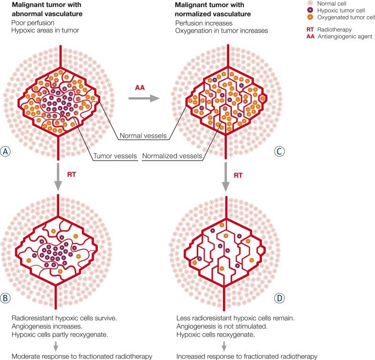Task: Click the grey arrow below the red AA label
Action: coord(143,99)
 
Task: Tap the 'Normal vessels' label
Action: coord(143,137)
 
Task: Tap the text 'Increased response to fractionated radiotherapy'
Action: coord(246,356)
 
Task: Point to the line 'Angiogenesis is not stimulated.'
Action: coord(221,325)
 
